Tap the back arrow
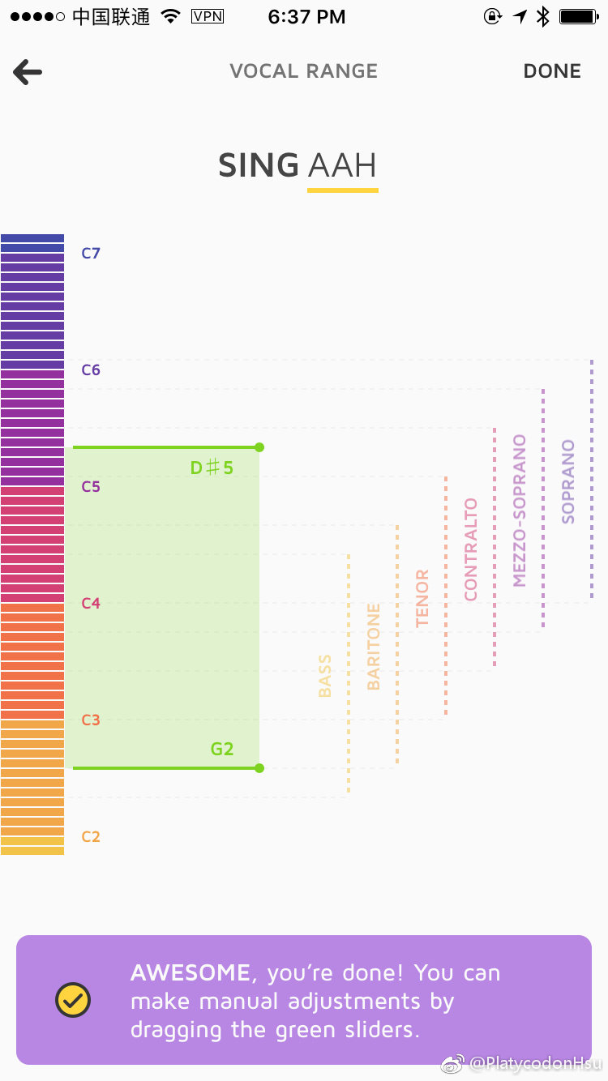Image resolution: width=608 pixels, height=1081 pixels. [x=28, y=72]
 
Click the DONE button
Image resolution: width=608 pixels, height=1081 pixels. [x=552, y=71]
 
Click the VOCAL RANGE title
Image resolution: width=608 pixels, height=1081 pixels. [x=303, y=71]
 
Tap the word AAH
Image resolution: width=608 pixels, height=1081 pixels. [x=342, y=166]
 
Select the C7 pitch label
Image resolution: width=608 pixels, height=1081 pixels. [x=91, y=253]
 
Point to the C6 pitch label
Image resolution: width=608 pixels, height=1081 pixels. [x=91, y=370]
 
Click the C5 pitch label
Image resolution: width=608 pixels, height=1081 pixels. [x=91, y=487]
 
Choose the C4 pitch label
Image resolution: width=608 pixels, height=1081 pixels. [x=91, y=604]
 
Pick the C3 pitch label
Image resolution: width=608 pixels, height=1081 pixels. [x=91, y=720]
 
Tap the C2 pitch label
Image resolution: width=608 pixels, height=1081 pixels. [x=91, y=837]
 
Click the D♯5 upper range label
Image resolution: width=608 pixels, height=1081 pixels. [x=212, y=468]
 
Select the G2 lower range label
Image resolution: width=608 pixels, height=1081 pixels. [x=222, y=749]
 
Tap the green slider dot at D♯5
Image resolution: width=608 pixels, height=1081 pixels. [x=259, y=447]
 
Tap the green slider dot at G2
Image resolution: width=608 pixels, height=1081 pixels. [x=259, y=768]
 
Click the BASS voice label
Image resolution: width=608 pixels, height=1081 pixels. [x=325, y=676]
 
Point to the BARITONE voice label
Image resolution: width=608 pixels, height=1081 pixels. [x=374, y=647]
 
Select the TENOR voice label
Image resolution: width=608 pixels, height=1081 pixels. [x=422, y=599]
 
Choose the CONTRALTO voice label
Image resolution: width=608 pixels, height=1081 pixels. [x=471, y=549]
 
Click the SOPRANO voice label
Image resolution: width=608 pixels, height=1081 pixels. [x=568, y=481]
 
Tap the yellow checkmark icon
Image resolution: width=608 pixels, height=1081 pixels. [x=73, y=1001]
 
